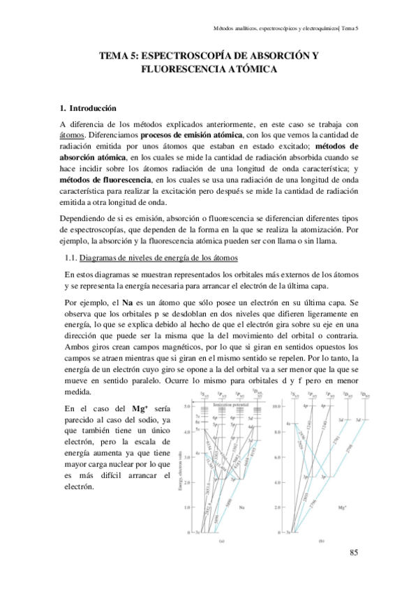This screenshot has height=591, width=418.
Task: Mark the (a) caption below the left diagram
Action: click(x=222, y=541)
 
